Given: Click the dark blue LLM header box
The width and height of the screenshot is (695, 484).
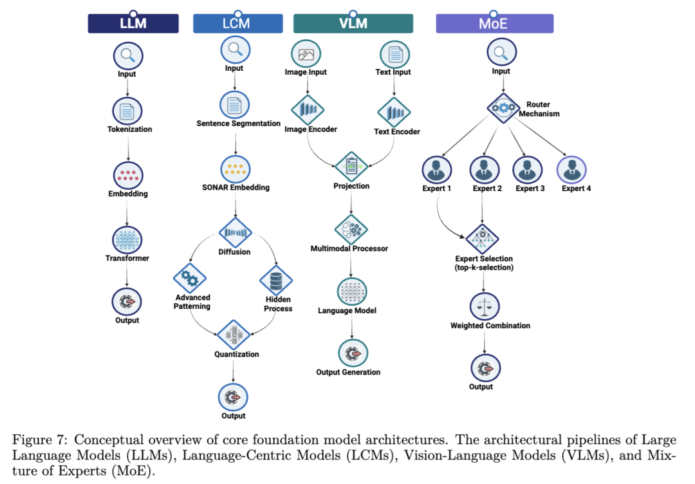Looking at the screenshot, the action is click(x=133, y=23).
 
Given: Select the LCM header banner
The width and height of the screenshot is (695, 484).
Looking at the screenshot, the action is click(x=237, y=23).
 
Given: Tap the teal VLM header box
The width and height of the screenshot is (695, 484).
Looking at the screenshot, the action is click(x=353, y=23).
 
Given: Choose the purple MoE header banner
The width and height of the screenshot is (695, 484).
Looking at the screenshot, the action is click(x=495, y=23).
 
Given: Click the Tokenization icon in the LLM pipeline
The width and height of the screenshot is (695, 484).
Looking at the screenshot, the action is click(x=127, y=111).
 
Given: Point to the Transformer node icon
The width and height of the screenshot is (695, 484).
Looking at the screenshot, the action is click(x=127, y=240).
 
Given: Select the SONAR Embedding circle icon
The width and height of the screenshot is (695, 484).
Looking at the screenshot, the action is click(x=236, y=169).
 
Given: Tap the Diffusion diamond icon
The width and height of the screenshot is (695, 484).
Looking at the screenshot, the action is click(x=236, y=232).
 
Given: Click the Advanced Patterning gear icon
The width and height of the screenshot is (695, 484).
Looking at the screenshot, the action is click(x=190, y=278).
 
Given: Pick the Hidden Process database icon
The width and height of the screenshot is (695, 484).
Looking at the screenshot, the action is click(x=275, y=281).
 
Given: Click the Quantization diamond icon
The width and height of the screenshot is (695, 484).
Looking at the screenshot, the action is click(x=234, y=335).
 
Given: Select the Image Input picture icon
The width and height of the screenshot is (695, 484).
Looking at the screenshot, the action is click(x=306, y=54).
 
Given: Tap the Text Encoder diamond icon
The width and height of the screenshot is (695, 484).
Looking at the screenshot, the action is click(x=394, y=112).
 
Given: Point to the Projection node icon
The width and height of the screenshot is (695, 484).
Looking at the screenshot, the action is click(x=351, y=167).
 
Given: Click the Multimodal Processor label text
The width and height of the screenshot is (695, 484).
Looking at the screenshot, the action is click(x=349, y=248).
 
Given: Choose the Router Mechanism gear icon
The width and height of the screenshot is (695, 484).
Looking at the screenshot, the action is click(x=503, y=107).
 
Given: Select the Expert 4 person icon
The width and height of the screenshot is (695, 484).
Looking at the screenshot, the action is click(x=572, y=170).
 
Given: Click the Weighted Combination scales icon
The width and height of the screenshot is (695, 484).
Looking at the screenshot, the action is click(x=485, y=306).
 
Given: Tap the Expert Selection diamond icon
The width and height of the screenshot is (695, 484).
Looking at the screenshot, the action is click(x=483, y=239).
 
